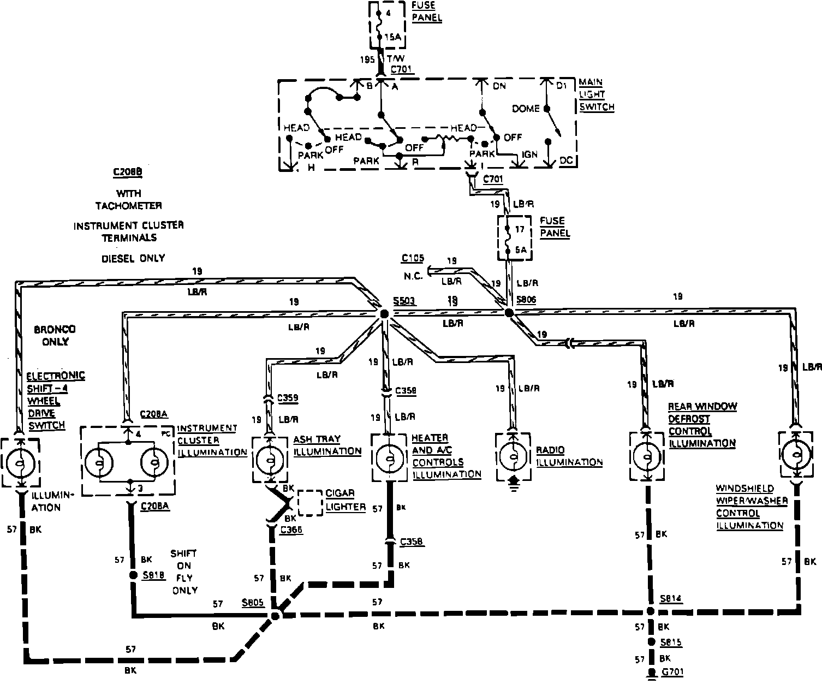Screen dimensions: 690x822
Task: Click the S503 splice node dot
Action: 384,313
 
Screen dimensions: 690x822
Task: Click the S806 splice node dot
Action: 509,313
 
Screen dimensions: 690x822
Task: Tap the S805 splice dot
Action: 275,616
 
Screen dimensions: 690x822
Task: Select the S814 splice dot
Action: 650,611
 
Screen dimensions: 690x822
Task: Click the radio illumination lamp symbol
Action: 513,457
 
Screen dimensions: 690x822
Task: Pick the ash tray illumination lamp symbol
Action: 270,459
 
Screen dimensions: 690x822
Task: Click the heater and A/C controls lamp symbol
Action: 389,457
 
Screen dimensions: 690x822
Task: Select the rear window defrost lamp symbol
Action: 647,456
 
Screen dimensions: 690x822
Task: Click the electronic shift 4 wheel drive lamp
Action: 21,462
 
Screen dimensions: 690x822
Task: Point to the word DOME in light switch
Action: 526,109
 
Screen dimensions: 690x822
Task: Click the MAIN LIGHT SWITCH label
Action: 596,94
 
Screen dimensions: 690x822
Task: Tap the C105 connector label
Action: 413,258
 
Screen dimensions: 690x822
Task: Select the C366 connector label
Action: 291,530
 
